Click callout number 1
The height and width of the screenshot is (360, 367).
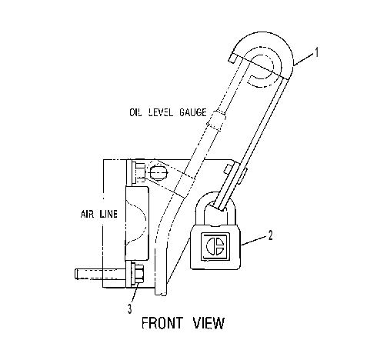coord(317,52)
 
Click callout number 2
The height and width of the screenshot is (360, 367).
coord(270,235)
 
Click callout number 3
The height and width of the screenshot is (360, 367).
coord(130,308)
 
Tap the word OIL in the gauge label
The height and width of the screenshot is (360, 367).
coord(135,112)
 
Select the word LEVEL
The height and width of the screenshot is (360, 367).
coord(161,112)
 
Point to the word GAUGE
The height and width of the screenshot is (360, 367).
coord(192,112)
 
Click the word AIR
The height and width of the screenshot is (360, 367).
coord(88,214)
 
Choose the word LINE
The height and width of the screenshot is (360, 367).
coord(108,214)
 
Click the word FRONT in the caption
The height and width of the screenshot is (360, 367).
coord(162,323)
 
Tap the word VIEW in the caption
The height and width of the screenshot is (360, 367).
coord(209,323)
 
